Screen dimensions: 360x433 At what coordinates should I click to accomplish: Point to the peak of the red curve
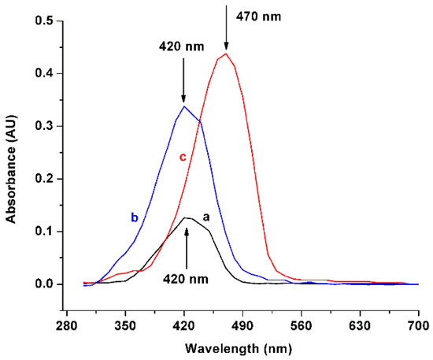click(226, 54)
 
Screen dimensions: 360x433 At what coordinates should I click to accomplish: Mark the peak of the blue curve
click(183, 106)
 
